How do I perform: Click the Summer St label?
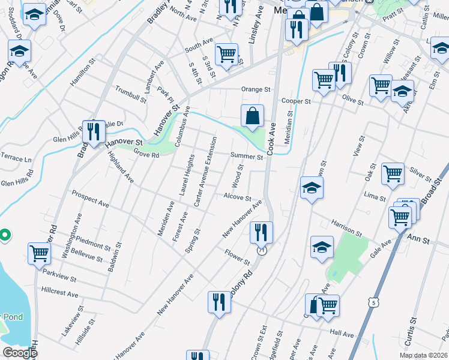click(247, 157)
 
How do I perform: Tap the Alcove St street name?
click(237, 197)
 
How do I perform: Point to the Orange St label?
click(256, 89)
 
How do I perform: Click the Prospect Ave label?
click(90, 199)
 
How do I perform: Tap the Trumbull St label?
click(131, 94)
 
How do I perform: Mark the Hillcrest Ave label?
click(60, 295)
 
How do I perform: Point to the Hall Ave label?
click(343, 332)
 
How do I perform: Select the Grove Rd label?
click(146, 155)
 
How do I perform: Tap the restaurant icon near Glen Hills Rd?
click(92, 130)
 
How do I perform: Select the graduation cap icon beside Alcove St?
click(312, 188)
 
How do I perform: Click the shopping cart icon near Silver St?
click(393, 173)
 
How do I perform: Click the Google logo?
click(19, 352)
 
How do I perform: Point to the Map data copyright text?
click(424, 355)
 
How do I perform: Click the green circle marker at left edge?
click(4, 235)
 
